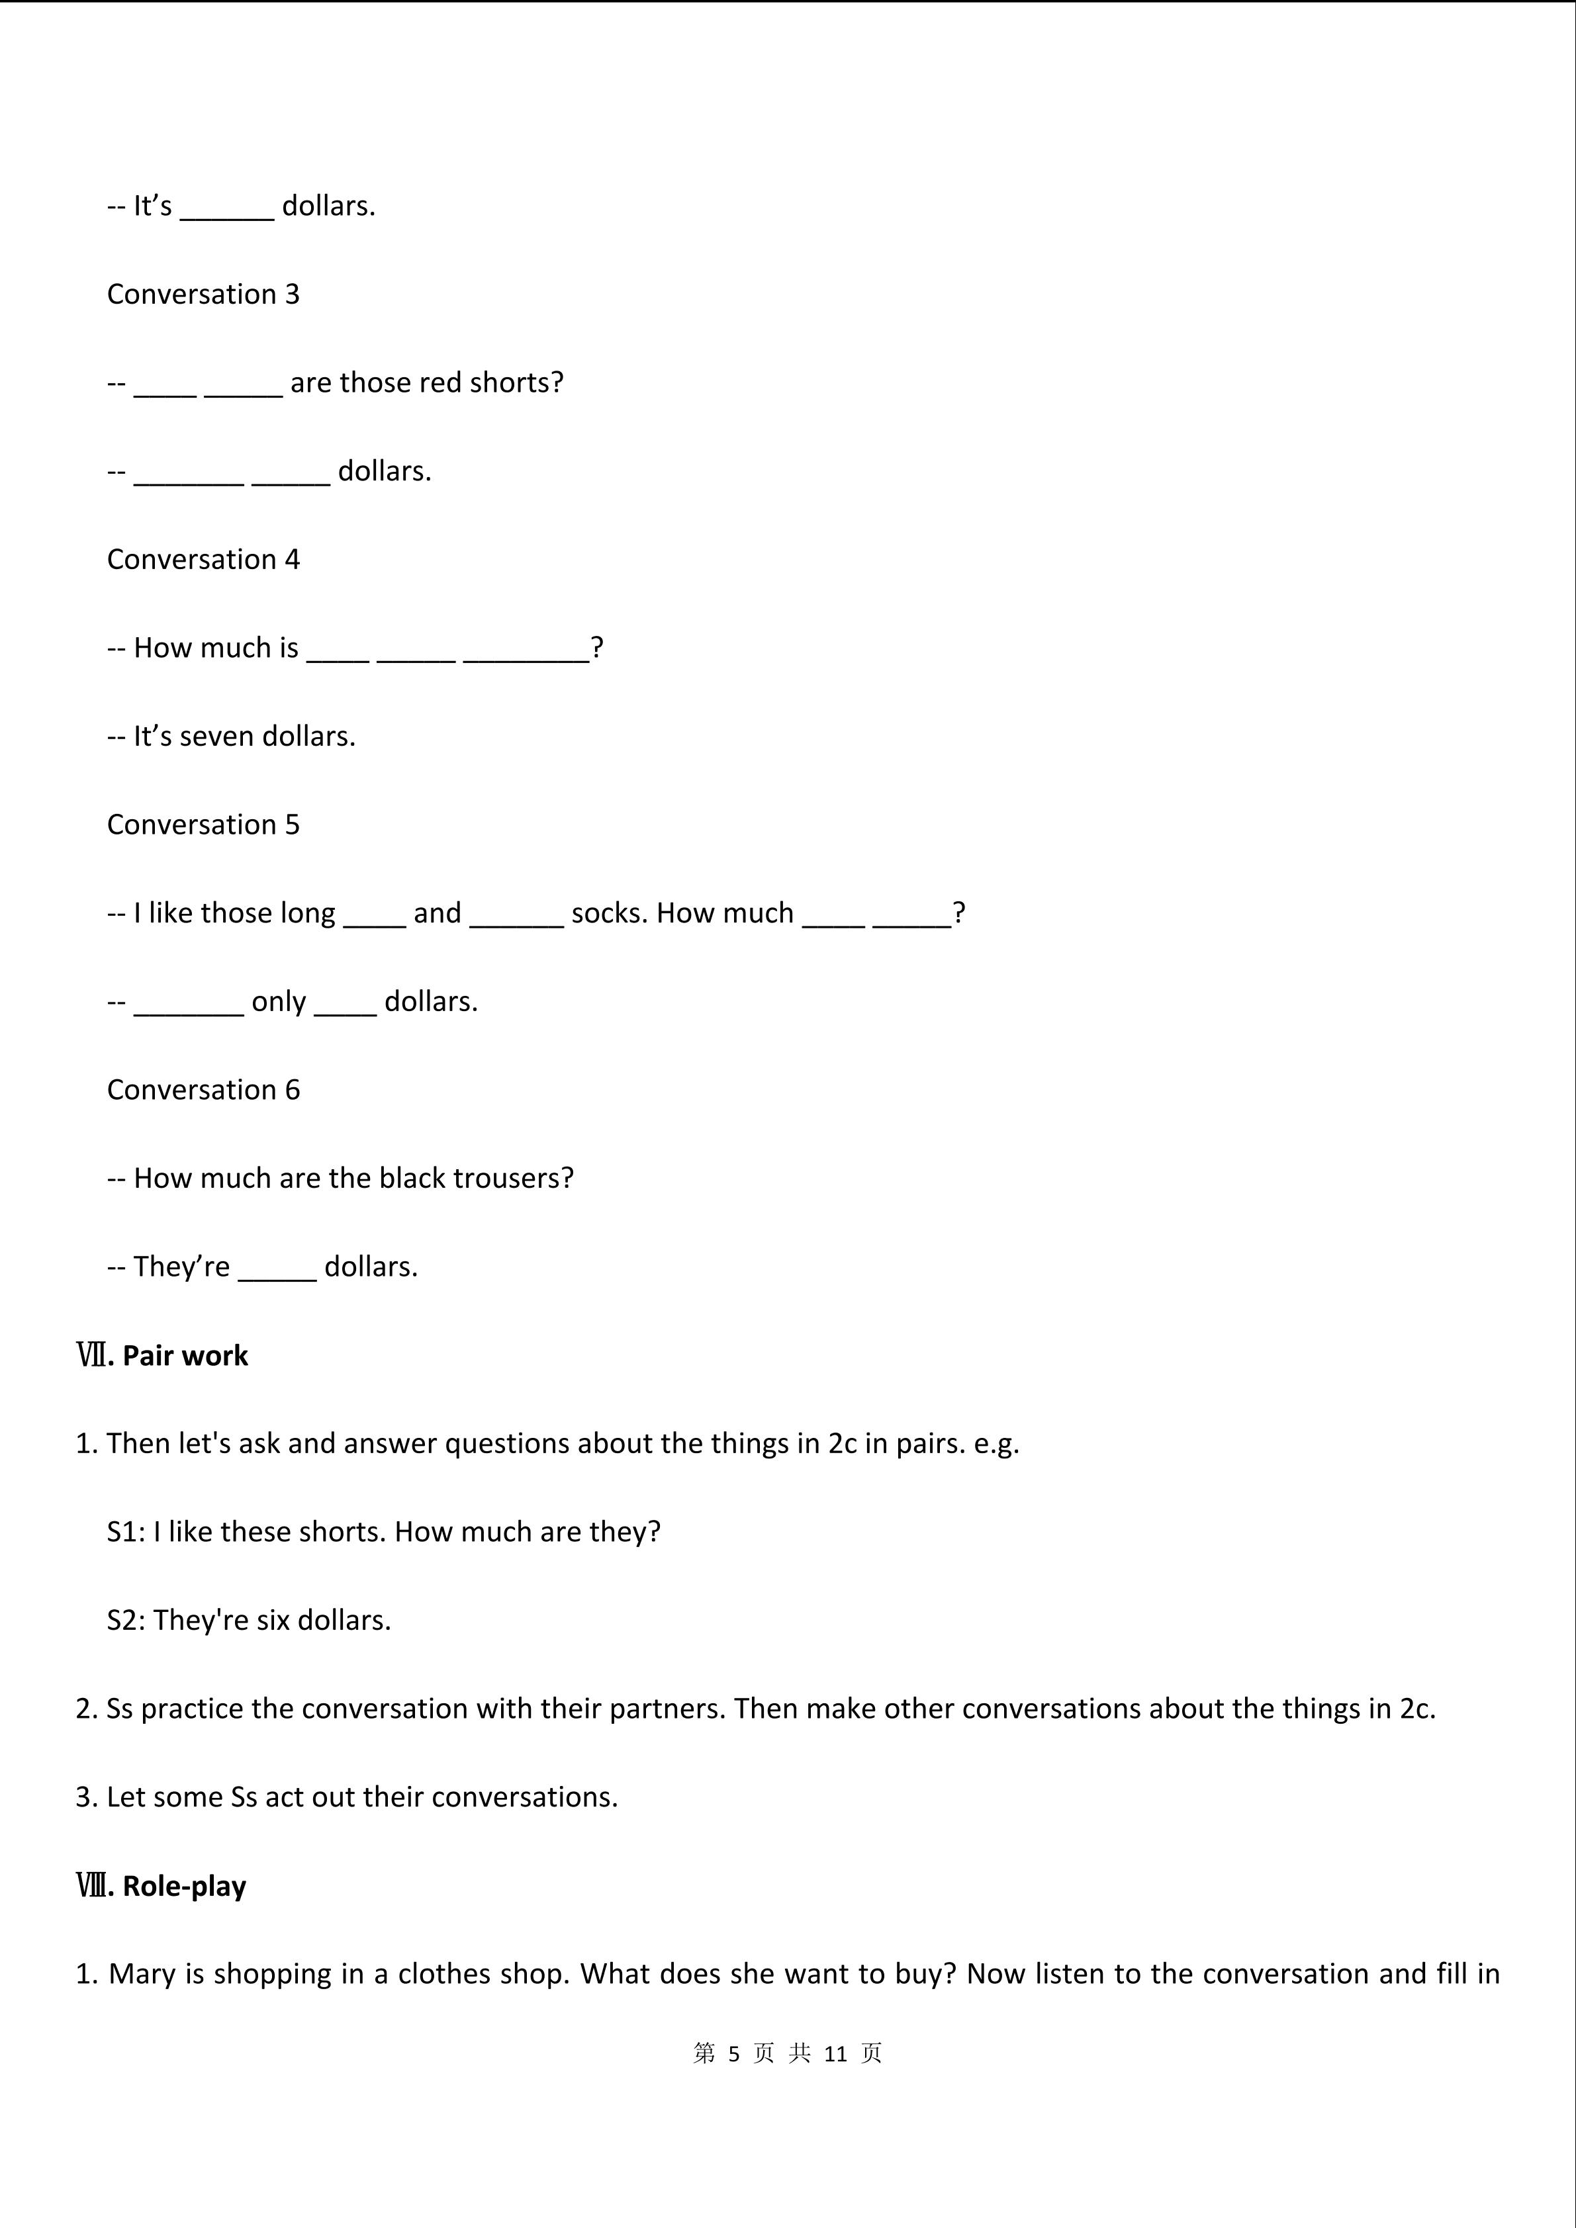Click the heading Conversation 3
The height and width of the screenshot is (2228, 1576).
pos(203,294)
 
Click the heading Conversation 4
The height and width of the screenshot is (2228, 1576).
pos(203,559)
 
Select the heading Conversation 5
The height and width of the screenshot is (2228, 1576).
pos(203,824)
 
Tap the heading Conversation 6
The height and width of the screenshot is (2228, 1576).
pos(203,1090)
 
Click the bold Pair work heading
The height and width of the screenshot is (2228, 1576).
pos(185,1356)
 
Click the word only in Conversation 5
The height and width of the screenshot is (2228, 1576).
pos(279,1001)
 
